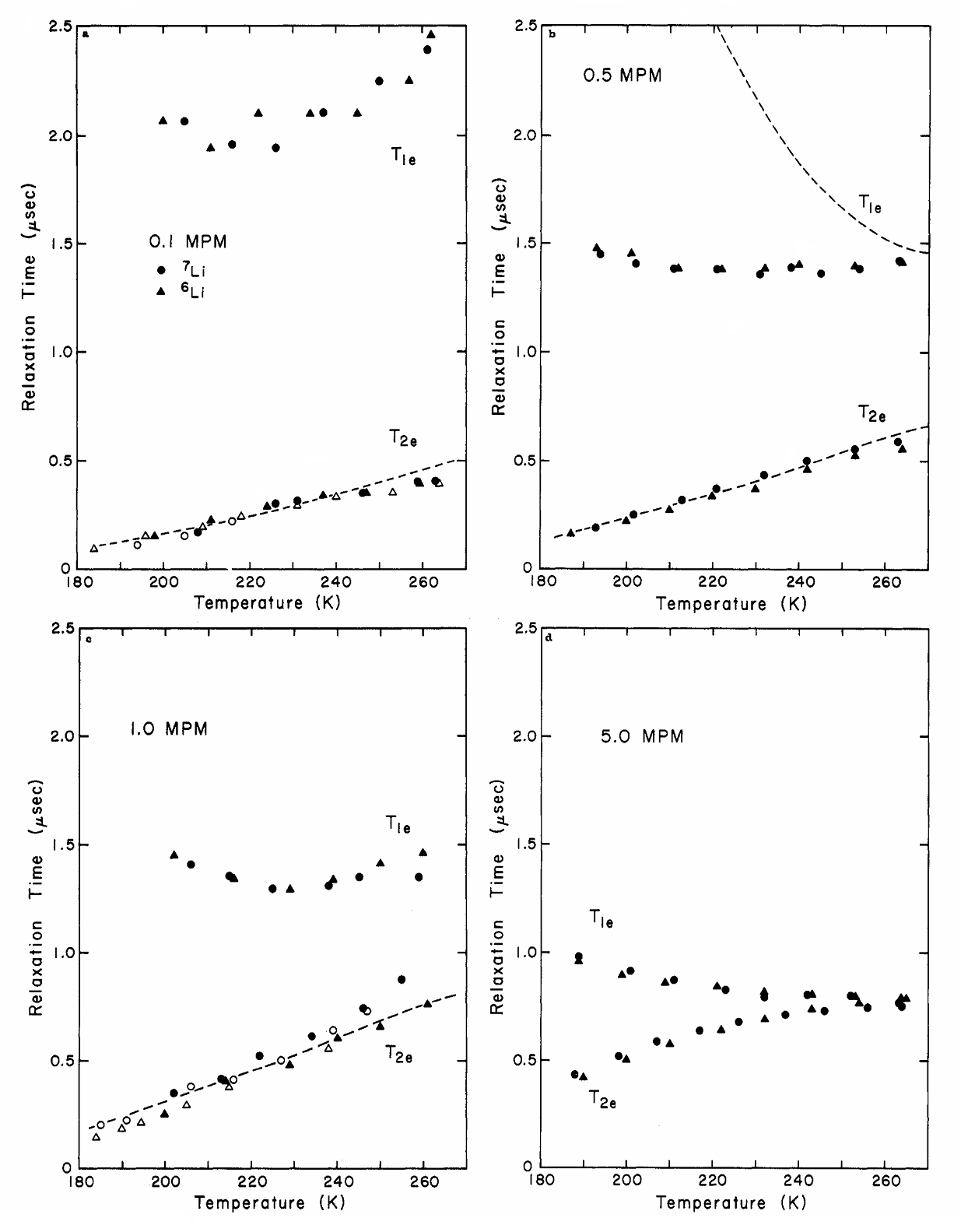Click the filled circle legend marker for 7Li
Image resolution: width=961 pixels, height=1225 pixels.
[x=162, y=270]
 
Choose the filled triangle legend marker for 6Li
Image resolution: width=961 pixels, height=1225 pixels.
[x=162, y=291]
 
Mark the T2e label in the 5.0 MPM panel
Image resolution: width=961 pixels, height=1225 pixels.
[x=602, y=1100]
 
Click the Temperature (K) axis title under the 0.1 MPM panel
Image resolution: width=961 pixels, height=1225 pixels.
[x=267, y=602]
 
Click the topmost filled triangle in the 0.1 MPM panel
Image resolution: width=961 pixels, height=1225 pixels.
[x=431, y=34]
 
